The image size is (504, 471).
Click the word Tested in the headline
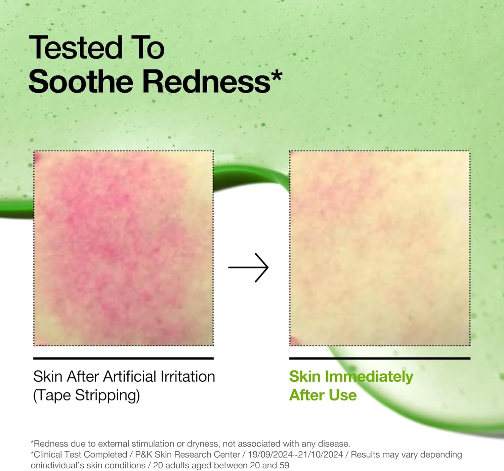coord(76,48)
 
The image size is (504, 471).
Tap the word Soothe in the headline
coord(81,82)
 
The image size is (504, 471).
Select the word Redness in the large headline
coord(206,82)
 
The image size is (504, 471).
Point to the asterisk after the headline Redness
coord(276,76)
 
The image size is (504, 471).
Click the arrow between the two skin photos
coord(248,267)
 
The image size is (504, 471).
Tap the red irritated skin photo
coord(123,248)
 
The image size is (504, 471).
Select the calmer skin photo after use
coord(380,248)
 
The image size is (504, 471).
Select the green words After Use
coord(323,395)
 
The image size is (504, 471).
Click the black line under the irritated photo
coord(123,358)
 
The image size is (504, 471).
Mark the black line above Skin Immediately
coord(380,358)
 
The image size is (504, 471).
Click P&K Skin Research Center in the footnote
coord(187,455)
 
